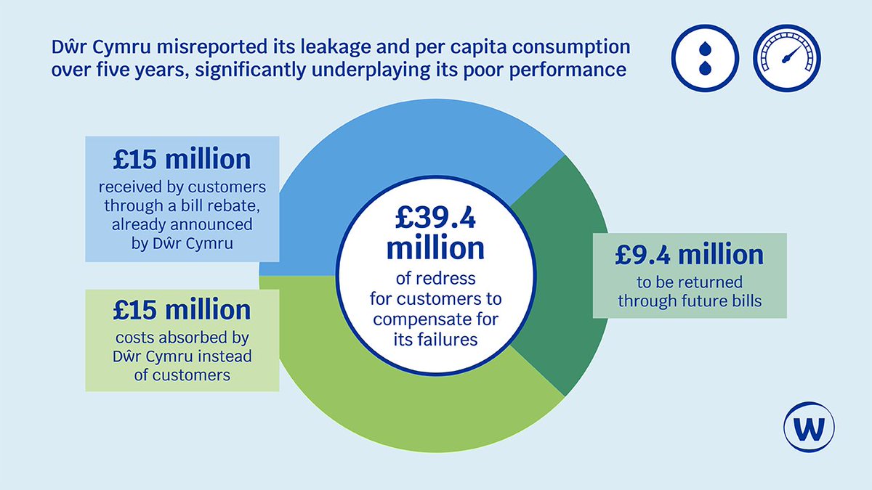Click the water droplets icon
click(704, 57)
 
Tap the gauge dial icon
click(786, 57)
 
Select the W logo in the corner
click(809, 428)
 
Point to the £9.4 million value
click(690, 255)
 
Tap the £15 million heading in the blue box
click(182, 159)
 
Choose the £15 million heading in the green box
click(182, 310)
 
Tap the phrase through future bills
click(690, 300)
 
